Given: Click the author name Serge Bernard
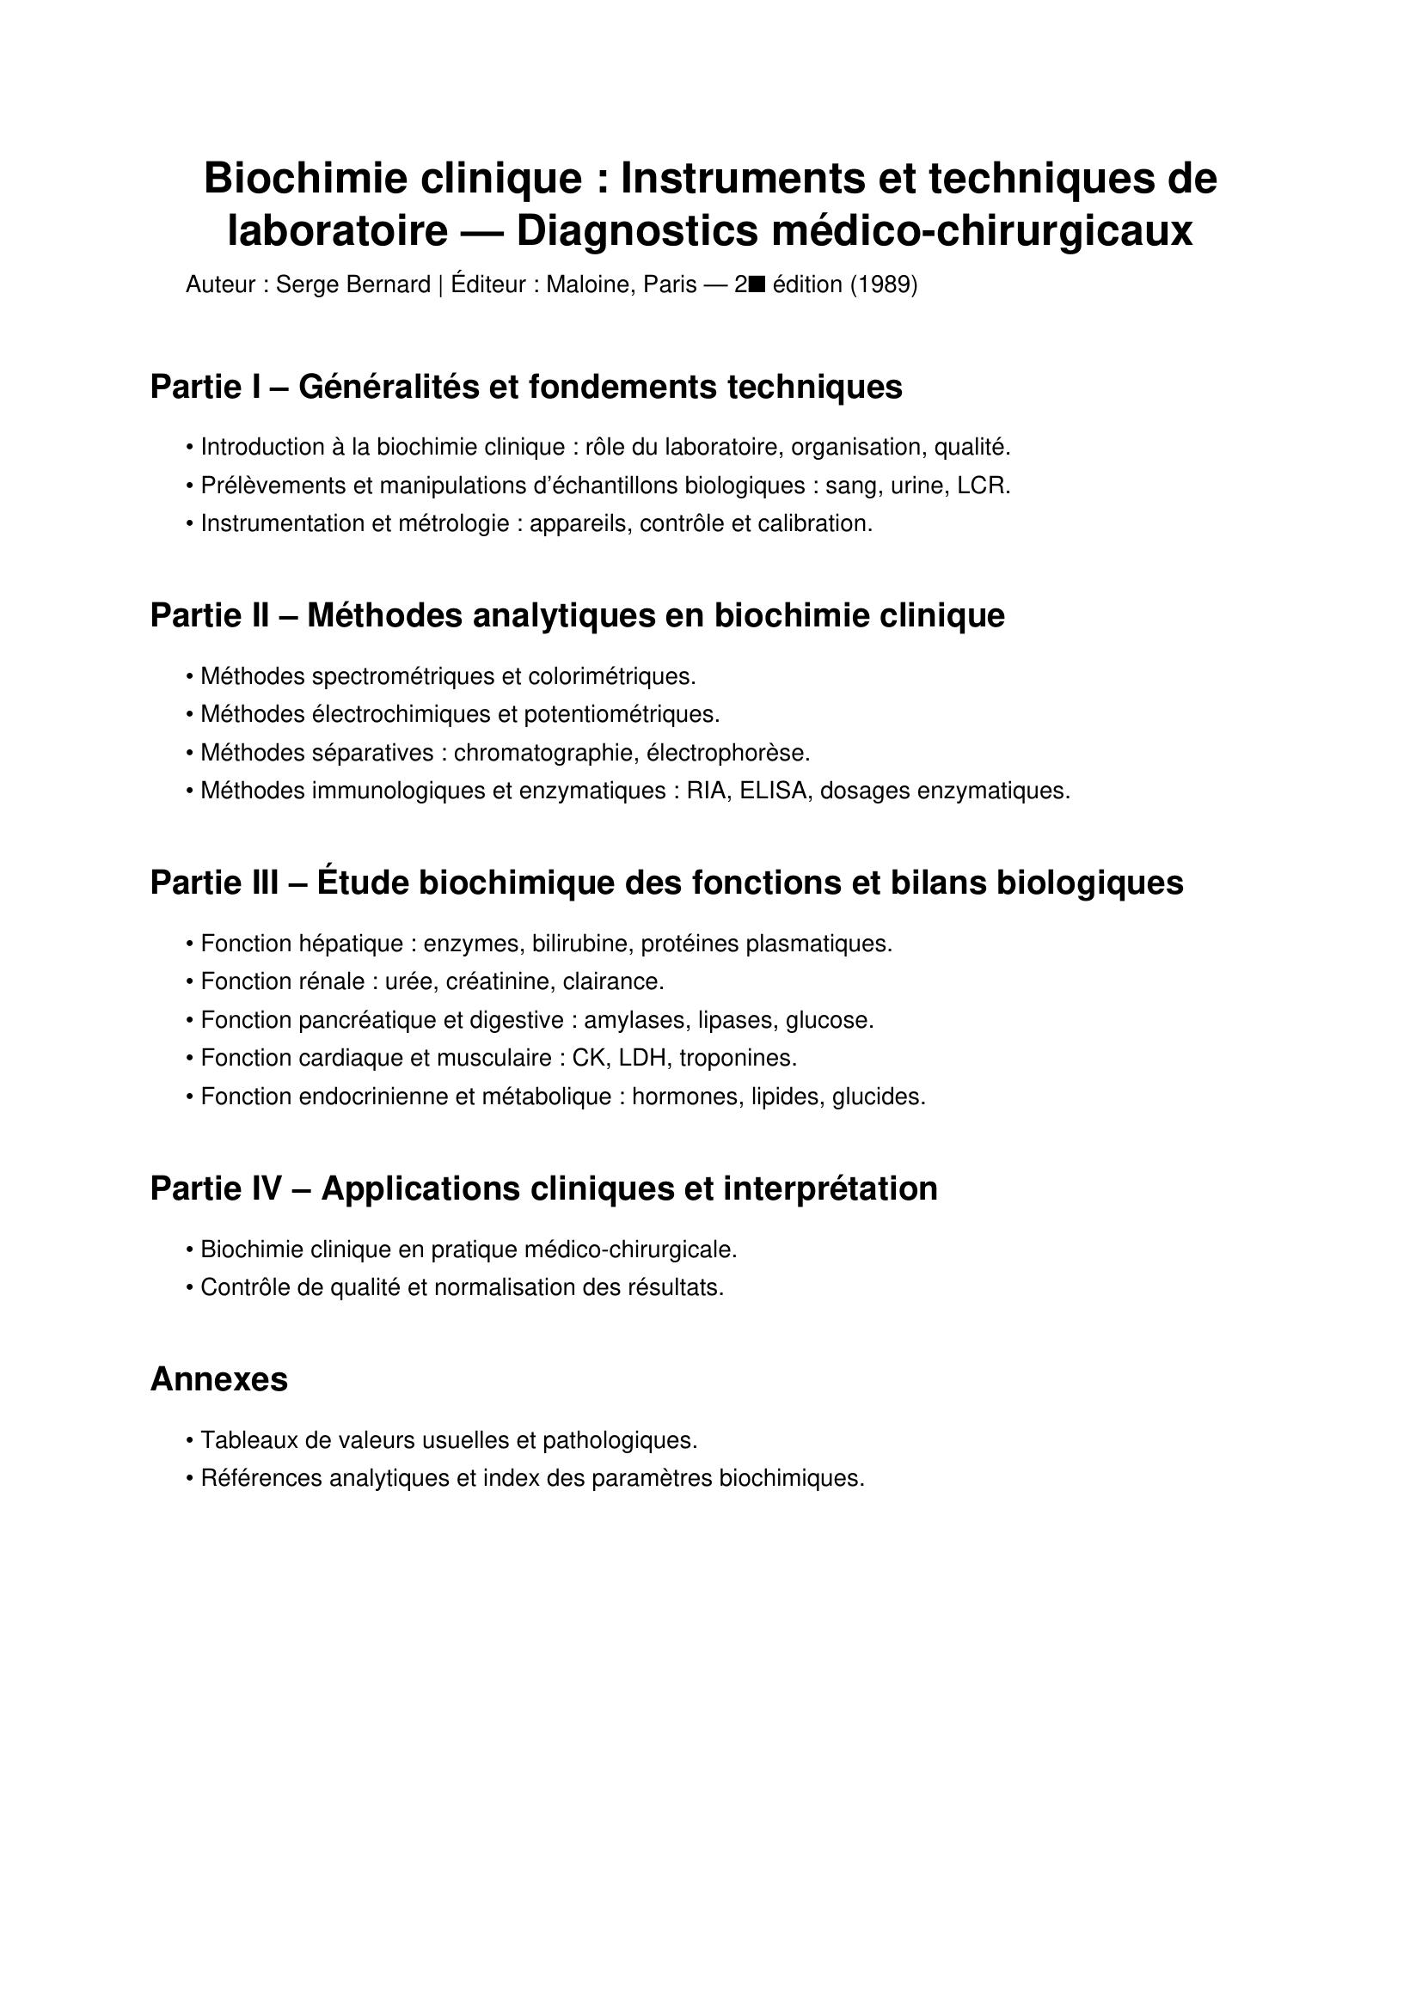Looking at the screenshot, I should point(352,284).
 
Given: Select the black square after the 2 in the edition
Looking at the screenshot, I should point(757,284).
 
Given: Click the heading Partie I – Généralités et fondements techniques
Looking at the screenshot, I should point(526,387).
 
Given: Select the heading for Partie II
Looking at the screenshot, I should point(577,615).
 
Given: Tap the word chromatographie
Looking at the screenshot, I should point(546,753).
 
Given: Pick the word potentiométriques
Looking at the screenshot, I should point(621,714).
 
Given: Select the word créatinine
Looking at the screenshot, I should point(499,981).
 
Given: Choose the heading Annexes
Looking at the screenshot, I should point(219,1378).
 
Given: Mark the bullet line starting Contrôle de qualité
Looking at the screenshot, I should point(462,1287).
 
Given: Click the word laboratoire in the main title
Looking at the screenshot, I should point(337,232).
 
